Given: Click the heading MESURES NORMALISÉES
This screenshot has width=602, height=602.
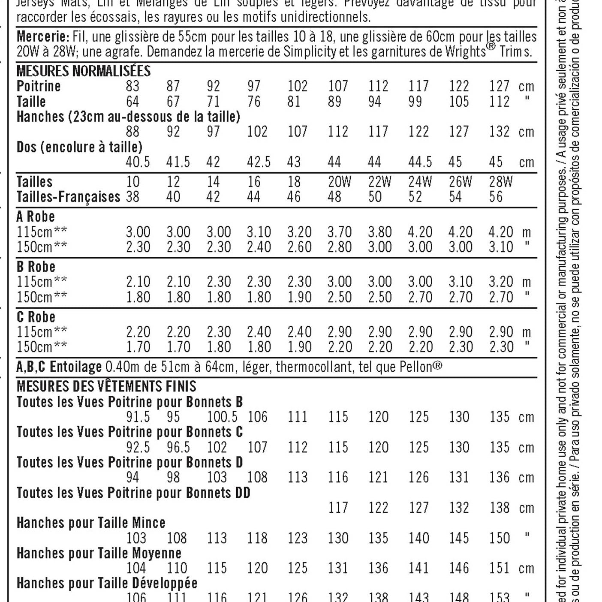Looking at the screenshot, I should point(84,71).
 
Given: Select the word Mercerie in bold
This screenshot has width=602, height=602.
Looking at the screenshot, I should point(42,36).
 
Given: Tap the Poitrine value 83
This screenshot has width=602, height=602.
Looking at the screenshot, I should point(132,86).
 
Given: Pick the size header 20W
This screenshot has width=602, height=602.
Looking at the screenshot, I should point(339,182).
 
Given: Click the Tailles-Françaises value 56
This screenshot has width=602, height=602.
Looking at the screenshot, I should point(496,197).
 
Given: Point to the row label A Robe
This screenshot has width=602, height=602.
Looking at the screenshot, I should point(36,217).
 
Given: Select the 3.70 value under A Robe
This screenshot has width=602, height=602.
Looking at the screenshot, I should point(339,232).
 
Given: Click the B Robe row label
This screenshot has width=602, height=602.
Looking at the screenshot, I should point(36,267).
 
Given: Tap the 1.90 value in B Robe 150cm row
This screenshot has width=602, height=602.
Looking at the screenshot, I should point(299,297).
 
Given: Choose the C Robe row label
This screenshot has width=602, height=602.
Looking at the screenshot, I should point(36,317).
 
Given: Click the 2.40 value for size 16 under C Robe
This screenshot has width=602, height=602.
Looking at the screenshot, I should point(259,332).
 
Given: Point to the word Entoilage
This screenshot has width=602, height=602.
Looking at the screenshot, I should point(75,367).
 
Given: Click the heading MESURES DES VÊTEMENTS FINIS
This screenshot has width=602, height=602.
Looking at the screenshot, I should point(106,386).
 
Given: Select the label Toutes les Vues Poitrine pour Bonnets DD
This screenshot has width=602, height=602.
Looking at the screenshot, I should point(133,493).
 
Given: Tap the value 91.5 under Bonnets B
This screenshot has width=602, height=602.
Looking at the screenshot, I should point(138,417).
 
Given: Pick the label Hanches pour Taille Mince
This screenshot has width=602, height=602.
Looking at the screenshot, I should point(91,523).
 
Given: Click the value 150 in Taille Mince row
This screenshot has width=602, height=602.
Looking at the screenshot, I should point(500,538).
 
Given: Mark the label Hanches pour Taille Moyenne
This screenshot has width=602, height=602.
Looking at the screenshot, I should point(99,553).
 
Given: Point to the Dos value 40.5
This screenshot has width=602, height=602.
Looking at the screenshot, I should point(137,162).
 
